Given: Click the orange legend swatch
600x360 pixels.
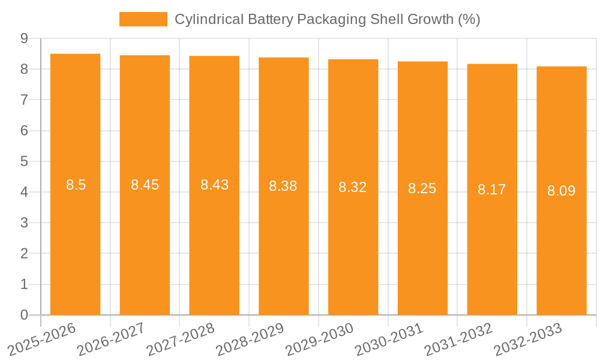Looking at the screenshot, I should (x=143, y=19).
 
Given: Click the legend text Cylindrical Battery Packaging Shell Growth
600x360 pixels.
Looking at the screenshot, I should (x=327, y=19).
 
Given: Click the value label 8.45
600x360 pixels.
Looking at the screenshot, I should (x=145, y=185).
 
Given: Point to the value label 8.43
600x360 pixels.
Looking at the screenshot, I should (x=214, y=185).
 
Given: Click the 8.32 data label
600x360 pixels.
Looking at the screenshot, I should (x=353, y=187).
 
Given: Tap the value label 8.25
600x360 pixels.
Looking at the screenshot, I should (x=422, y=188).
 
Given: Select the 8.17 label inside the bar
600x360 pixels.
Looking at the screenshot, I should (x=492, y=190).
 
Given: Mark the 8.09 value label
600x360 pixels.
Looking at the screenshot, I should (x=562, y=191).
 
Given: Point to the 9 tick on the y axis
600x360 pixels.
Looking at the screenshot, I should (x=24, y=38).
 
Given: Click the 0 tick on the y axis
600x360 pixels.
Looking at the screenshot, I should (x=24, y=315).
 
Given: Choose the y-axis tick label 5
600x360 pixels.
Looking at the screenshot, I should (x=24, y=161).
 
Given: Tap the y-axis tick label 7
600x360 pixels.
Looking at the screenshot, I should (x=24, y=100).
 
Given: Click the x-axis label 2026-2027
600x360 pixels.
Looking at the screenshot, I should (x=112, y=338).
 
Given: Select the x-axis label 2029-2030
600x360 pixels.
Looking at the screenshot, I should (x=320, y=338).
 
